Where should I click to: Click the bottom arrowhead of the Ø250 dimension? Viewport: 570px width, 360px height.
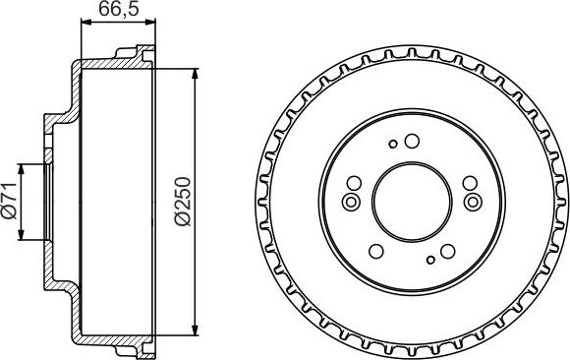click(x=198, y=331)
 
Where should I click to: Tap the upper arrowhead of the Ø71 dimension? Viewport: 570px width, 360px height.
click(x=25, y=165)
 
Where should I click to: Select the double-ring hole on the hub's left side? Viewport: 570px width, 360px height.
click(x=350, y=204)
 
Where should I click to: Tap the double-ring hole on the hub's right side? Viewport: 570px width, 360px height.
click(x=474, y=204)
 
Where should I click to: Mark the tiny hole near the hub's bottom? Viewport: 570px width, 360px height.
click(x=430, y=261)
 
